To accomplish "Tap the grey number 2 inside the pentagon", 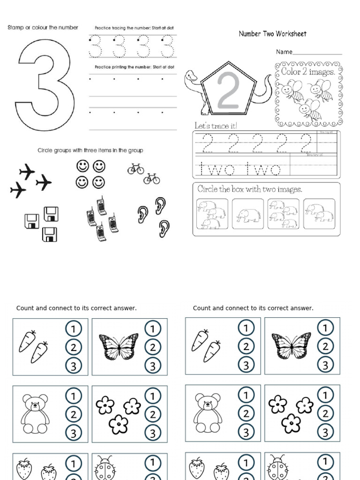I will point(228,91).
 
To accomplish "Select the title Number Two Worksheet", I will point(272,34).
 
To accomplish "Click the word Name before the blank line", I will point(284,52).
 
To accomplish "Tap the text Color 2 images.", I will point(308,72).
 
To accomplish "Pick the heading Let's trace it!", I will point(216,126).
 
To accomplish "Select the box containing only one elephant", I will point(248,215).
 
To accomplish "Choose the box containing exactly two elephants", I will point(319,214).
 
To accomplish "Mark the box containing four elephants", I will point(284,214).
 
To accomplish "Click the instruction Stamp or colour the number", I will point(43,28).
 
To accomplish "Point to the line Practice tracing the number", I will point(134,28).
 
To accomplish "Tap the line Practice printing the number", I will point(134,67).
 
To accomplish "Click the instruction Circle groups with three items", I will point(90,150).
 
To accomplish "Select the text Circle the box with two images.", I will point(250,189).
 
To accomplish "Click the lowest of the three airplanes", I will point(18,190).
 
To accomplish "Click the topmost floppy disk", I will point(51,214).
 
